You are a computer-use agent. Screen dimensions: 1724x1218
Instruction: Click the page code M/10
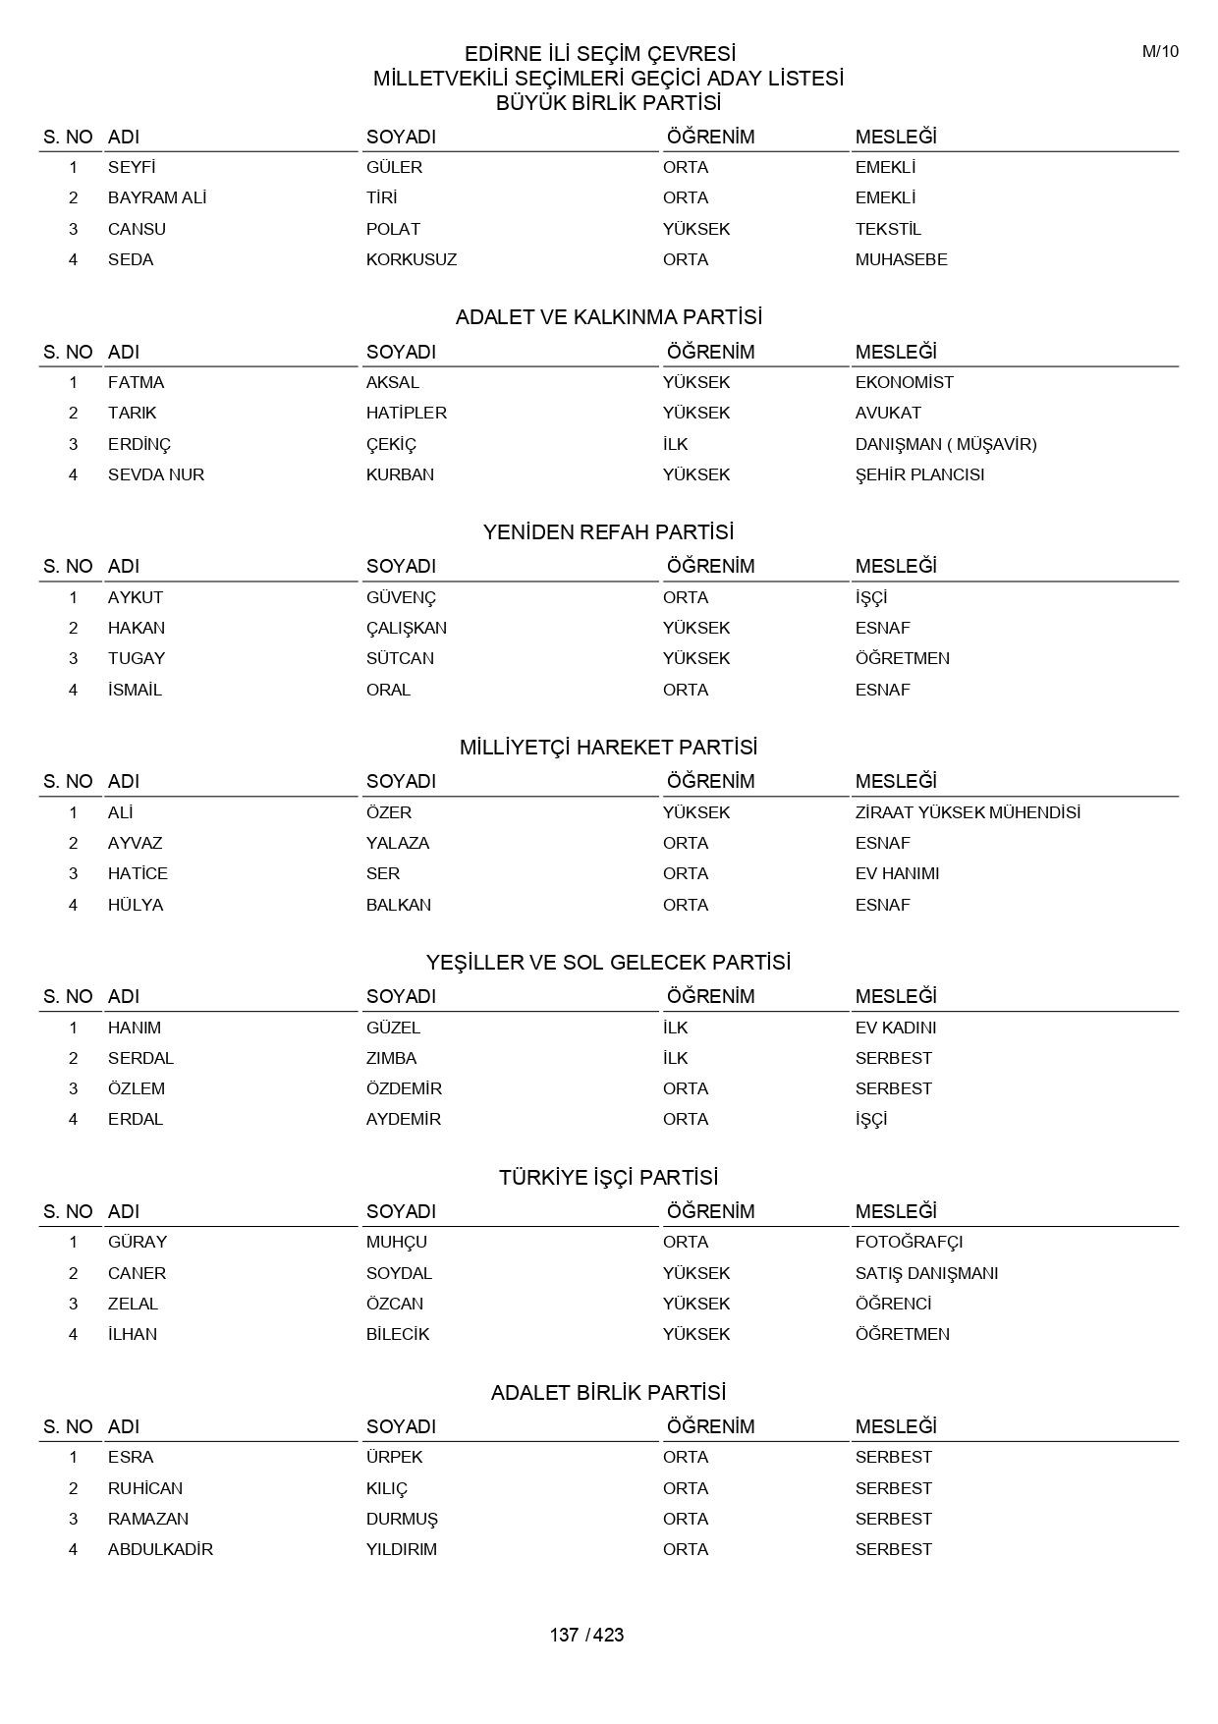point(1160,52)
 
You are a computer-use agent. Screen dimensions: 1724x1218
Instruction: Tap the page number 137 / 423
point(586,1635)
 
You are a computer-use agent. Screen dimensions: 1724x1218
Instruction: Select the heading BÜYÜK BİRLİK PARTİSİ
point(608,103)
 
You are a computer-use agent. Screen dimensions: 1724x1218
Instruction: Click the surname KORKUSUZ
point(412,259)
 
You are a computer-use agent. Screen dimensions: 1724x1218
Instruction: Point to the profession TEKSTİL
point(888,229)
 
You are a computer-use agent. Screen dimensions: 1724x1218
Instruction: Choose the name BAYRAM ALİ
point(157,197)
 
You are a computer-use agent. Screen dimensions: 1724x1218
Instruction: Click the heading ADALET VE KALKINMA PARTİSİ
point(608,317)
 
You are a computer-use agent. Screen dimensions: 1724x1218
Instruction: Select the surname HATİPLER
point(407,413)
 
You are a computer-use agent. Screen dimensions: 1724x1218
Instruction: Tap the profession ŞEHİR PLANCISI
point(919,474)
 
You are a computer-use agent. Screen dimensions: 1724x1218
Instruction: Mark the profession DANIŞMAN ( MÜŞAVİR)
point(946,444)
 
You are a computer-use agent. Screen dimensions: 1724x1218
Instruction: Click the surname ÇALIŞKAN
point(407,628)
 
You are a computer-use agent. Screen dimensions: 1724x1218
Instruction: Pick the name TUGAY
point(137,658)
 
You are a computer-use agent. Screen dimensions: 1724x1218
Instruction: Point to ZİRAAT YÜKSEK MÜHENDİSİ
point(968,812)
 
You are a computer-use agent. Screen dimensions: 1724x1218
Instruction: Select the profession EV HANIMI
point(897,873)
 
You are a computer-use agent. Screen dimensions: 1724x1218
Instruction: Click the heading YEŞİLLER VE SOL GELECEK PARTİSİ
point(608,963)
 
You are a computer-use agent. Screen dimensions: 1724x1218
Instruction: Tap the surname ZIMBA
point(391,1058)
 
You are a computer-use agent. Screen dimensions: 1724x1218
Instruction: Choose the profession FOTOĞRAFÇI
point(909,1242)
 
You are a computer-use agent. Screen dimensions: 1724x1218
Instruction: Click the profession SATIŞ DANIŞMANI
point(926,1273)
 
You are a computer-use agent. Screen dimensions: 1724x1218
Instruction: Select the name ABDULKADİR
point(160,1549)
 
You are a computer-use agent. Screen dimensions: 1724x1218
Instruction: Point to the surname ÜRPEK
point(394,1457)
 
